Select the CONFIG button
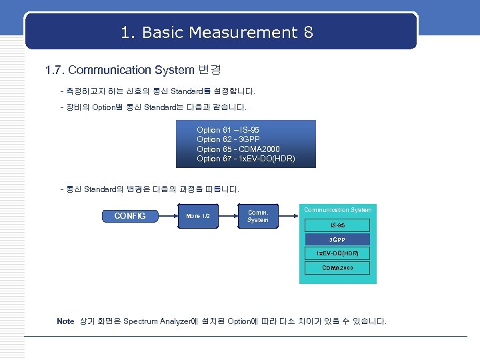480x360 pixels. coord(130,215)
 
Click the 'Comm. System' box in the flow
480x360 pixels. coord(257,215)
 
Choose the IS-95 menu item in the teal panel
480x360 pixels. coord(337,225)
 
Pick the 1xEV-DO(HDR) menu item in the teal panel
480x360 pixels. coord(337,254)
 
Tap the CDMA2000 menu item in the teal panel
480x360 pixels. coord(337,268)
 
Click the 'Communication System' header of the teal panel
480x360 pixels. coord(338,210)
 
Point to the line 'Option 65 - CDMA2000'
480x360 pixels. coord(238,149)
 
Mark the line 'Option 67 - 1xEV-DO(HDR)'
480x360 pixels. coord(245,159)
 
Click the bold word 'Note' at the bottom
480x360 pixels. coord(65,321)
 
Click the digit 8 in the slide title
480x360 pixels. coord(308,32)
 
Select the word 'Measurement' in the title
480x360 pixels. coord(255,32)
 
